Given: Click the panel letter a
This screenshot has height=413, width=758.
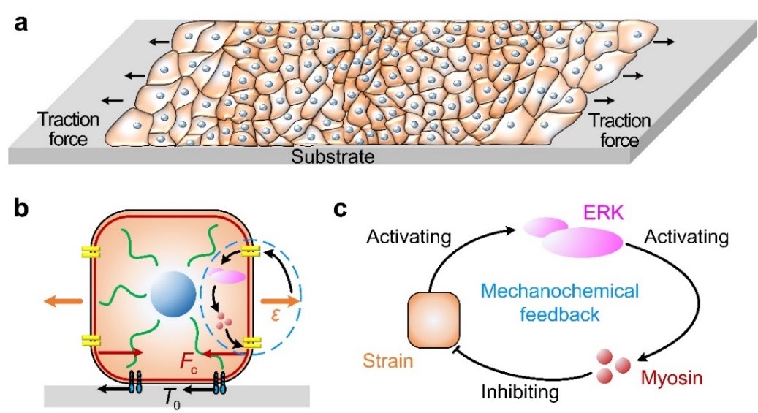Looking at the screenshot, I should (21, 23).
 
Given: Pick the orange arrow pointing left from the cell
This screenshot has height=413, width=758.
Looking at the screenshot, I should (64, 300).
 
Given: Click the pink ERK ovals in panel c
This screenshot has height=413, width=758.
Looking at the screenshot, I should (573, 236).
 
